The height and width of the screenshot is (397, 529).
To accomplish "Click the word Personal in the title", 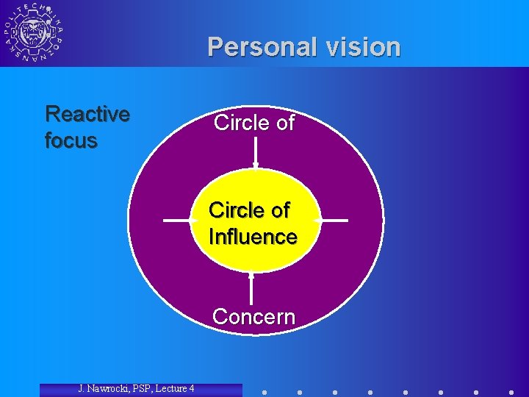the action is click(259, 47).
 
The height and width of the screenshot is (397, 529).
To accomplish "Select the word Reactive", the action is click(87, 114).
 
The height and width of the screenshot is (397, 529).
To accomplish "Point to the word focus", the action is click(71, 140).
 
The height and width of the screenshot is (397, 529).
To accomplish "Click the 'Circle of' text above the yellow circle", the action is click(253, 123).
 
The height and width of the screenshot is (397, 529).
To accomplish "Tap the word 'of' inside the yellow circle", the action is click(281, 210).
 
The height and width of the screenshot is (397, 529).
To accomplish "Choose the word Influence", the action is click(253, 237).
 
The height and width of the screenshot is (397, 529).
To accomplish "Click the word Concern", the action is click(253, 317).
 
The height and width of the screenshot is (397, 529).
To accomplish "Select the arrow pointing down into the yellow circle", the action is click(255, 154).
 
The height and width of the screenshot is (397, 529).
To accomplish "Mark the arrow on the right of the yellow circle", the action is click(332, 220).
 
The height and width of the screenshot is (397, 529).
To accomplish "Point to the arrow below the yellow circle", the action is click(251, 288).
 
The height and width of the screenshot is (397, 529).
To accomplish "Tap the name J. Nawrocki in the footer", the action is click(107, 388).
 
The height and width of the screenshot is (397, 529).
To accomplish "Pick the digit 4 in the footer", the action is click(191, 388).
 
